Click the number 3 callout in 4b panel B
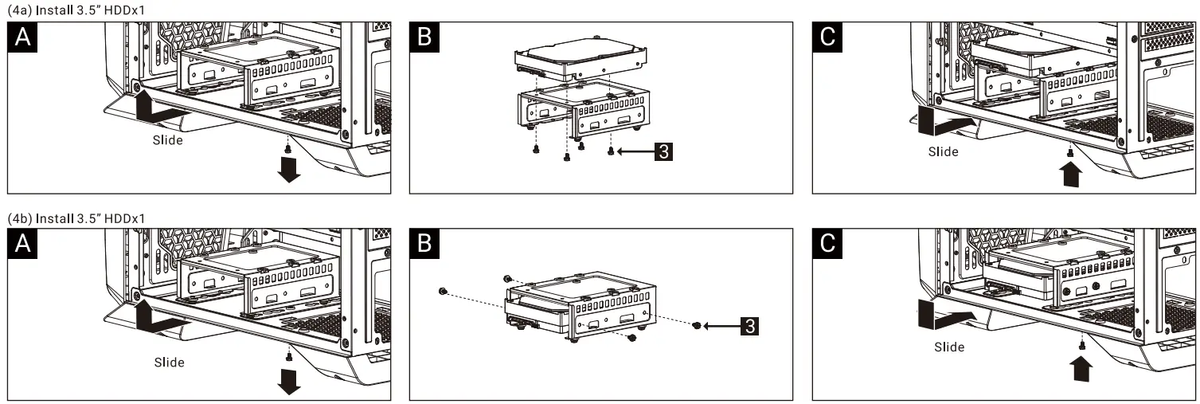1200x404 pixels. click(x=749, y=326)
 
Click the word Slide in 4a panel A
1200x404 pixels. click(x=169, y=140)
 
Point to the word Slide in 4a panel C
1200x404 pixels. click(x=944, y=151)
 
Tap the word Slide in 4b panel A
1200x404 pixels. click(x=169, y=363)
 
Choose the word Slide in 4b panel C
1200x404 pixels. click(x=949, y=347)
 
